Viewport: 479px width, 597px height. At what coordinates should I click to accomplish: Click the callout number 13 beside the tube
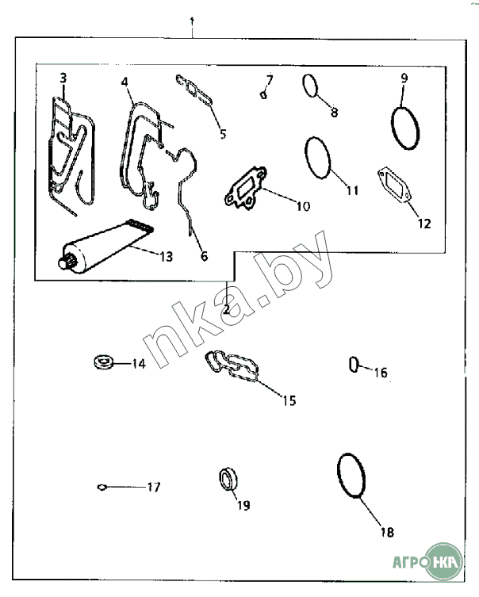click(167, 257)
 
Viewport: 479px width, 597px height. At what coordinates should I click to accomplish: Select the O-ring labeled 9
click(405, 128)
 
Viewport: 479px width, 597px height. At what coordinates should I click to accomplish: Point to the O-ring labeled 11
click(317, 158)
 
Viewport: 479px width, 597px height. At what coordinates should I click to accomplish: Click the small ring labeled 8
click(310, 86)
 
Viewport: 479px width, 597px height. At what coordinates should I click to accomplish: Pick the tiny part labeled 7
click(263, 94)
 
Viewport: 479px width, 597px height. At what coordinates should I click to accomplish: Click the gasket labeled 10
click(246, 188)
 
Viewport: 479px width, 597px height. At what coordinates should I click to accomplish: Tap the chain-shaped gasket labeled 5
click(194, 90)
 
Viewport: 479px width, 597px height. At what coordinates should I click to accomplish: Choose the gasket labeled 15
click(232, 365)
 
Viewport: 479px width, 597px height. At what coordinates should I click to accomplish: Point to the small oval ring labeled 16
click(354, 365)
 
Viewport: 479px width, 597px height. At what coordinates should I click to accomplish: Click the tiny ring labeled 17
click(102, 487)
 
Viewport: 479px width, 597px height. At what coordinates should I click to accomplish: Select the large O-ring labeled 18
click(351, 475)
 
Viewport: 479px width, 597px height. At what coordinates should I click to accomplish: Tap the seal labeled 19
click(228, 478)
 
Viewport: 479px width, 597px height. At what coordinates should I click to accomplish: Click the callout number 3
click(63, 78)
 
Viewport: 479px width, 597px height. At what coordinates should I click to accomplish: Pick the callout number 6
click(205, 256)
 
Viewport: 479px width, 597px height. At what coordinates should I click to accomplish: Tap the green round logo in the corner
click(443, 561)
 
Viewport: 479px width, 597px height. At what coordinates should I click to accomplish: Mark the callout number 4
click(125, 82)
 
